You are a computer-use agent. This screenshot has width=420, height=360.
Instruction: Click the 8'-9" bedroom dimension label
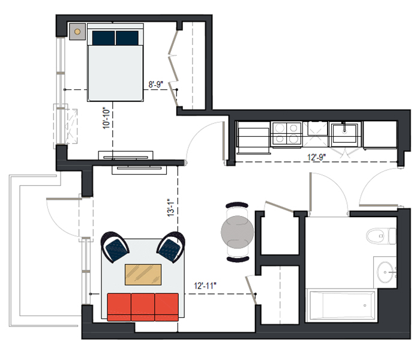click(x=155, y=85)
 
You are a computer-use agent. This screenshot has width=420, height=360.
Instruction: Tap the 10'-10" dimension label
click(x=106, y=118)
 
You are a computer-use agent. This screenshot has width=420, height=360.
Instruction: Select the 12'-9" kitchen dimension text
click(x=316, y=157)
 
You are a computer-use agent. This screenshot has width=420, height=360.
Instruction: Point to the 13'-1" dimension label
click(x=171, y=208)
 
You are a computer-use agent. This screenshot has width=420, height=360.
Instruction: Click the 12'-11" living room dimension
click(x=205, y=286)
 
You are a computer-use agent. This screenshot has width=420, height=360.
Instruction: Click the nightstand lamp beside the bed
click(x=77, y=32)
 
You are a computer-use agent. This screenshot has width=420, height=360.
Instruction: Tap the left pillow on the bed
click(x=104, y=38)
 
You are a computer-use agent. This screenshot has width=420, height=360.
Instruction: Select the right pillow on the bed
click(x=127, y=38)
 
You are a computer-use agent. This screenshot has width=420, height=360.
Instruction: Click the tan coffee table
click(x=143, y=275)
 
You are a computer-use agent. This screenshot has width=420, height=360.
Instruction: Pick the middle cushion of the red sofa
click(x=143, y=307)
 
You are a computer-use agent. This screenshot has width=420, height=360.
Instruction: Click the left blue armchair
click(x=115, y=247)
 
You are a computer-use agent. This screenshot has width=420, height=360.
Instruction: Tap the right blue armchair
click(x=171, y=247)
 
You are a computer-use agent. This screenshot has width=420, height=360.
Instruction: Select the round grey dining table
click(x=238, y=232)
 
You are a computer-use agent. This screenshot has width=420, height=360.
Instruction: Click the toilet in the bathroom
click(x=381, y=236)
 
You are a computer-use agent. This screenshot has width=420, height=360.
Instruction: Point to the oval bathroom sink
click(x=385, y=272)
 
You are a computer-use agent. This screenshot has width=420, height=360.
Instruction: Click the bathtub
click(x=343, y=305)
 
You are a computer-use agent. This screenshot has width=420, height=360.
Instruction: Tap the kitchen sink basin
click(x=344, y=133)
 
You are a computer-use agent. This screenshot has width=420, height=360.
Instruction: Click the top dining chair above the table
click(x=237, y=205)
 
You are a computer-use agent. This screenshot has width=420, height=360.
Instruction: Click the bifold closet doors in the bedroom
click(x=173, y=68)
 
